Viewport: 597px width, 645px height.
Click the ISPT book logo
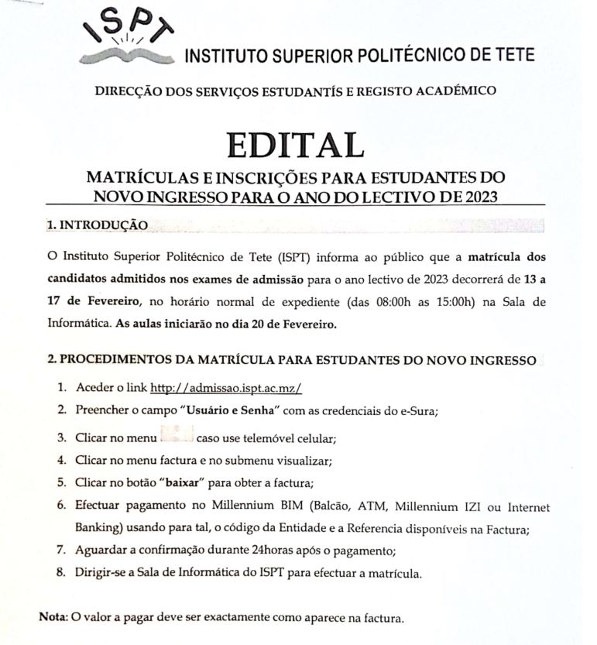pyautogui.click(x=128, y=37)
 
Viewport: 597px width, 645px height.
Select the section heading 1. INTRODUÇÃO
pyautogui.click(x=96, y=225)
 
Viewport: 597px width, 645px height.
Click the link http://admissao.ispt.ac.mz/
pyautogui.click(x=225, y=388)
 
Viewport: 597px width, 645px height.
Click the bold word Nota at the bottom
pyautogui.click(x=53, y=618)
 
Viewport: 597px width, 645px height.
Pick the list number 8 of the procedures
pyautogui.click(x=61, y=574)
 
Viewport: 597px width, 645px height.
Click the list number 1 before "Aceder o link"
pyautogui.click(x=61, y=387)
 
